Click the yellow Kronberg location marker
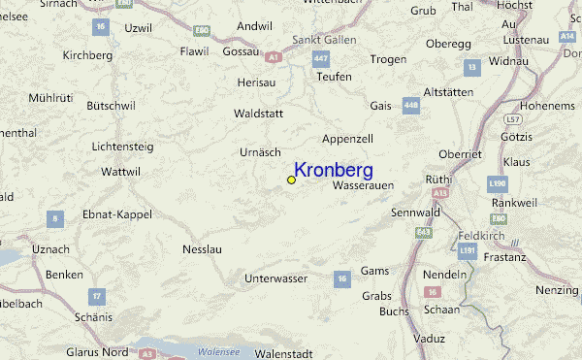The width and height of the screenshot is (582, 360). (x=291, y=180)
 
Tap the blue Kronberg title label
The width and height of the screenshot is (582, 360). (x=333, y=170)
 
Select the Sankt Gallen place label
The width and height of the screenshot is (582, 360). (x=325, y=41)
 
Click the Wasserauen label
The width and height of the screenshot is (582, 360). (x=362, y=184)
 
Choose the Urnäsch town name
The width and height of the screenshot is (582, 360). (x=260, y=152)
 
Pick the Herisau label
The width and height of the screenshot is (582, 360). (x=256, y=83)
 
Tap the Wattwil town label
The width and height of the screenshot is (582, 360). (x=121, y=172)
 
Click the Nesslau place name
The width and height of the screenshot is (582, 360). (x=203, y=249)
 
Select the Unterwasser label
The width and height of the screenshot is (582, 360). (x=275, y=278)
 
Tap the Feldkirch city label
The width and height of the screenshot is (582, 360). (x=479, y=236)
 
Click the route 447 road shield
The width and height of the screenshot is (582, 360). (x=321, y=60)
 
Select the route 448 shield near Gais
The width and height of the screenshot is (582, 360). (x=410, y=105)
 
